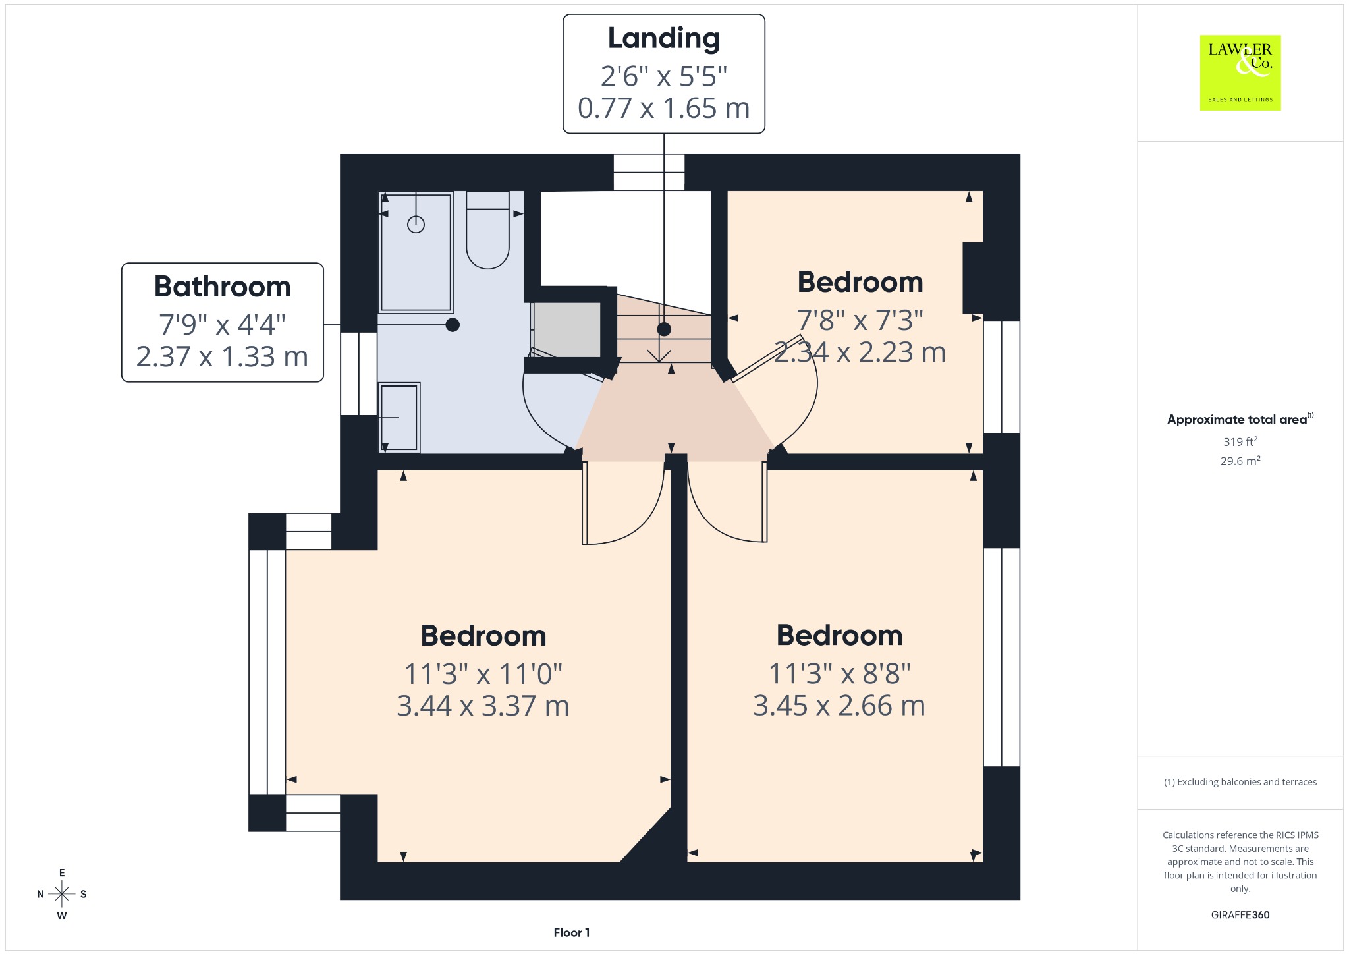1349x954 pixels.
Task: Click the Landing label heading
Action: [663, 39]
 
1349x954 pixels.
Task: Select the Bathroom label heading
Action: [223, 287]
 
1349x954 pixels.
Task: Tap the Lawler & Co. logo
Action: [1240, 73]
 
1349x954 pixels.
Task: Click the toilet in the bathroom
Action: [487, 230]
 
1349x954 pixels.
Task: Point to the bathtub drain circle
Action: [416, 225]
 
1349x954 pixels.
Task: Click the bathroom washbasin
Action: [399, 417]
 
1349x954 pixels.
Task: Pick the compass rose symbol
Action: [62, 894]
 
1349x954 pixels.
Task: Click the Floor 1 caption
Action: [572, 932]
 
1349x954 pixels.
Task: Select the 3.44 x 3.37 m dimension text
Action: [483, 706]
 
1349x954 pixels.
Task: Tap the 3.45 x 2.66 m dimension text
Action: [839, 706]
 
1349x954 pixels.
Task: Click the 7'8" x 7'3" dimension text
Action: [860, 320]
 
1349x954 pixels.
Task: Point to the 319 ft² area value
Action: [1240, 441]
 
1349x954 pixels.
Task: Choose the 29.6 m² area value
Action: [1240, 461]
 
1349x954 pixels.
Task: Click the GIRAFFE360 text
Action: [1240, 915]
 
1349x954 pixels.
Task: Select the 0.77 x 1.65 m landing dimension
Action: [664, 108]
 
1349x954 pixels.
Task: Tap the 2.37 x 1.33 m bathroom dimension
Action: [223, 356]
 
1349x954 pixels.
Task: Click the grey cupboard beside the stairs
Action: [567, 329]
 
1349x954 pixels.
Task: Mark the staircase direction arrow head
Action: [659, 356]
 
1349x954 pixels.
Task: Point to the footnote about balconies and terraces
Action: [1240, 782]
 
